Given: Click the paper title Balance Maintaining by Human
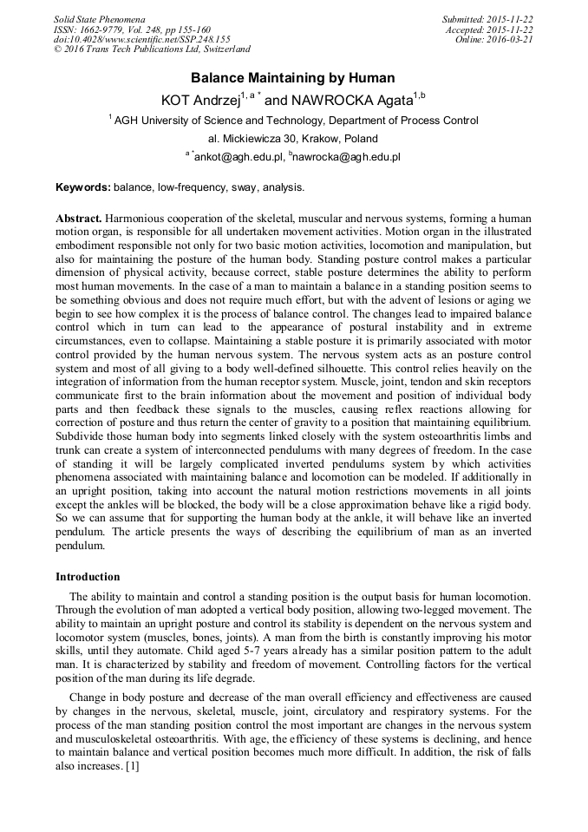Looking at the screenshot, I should coord(293,78).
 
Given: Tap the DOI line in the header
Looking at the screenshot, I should coord(141,39).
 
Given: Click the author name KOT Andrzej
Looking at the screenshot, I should coord(200,101).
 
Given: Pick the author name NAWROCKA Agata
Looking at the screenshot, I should coord(356,101).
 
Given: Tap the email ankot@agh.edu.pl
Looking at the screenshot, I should coord(236,157).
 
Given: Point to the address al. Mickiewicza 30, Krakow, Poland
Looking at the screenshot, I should coord(293,139).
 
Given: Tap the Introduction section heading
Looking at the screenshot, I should coord(88,577).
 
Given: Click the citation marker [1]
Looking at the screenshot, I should coord(132,768).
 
